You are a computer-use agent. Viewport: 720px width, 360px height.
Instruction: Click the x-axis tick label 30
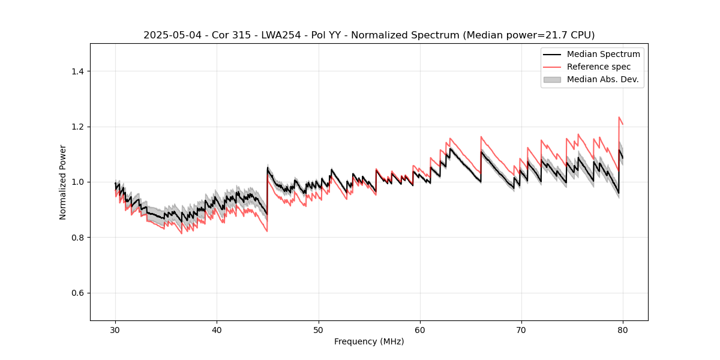pos(116,330)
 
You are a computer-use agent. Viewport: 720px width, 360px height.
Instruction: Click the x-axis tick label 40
pos(217,330)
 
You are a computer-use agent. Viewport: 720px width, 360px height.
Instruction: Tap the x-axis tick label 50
pos(319,330)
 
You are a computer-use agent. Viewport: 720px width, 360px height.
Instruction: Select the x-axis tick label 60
pos(420,330)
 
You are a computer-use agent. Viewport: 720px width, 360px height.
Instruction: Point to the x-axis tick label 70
pos(521,330)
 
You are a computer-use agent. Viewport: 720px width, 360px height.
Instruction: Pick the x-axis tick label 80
pos(623,330)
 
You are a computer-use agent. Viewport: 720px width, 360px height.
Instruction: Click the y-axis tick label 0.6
pos(77,293)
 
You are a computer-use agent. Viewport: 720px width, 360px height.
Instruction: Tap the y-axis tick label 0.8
pos(77,238)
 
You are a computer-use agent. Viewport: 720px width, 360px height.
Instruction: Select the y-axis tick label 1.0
pos(77,182)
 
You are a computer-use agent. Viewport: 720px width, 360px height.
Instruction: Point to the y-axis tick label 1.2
pos(77,127)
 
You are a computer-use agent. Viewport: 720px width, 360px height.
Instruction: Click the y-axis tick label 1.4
pos(77,71)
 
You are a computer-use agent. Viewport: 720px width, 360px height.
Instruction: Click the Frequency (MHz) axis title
pos(369,341)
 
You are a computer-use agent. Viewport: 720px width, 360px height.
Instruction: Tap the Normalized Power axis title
pos(63,182)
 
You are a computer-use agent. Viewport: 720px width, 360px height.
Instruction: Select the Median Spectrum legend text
pos(603,54)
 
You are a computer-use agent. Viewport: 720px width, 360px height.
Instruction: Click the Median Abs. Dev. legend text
pos(602,79)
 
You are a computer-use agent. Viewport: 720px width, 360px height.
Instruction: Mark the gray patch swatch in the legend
pos(552,79)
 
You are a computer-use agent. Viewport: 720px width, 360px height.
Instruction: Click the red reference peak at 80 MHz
pos(619,118)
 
